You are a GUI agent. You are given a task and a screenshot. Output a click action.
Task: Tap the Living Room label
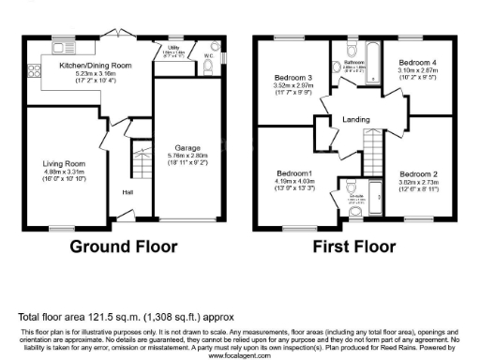tap(64, 163)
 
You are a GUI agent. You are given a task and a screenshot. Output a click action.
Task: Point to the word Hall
tap(125, 195)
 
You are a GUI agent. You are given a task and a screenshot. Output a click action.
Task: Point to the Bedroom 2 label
tap(419, 174)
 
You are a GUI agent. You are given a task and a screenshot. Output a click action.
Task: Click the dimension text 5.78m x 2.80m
tap(187, 157)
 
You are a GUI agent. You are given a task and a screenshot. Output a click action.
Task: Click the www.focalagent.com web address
tap(240, 355)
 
